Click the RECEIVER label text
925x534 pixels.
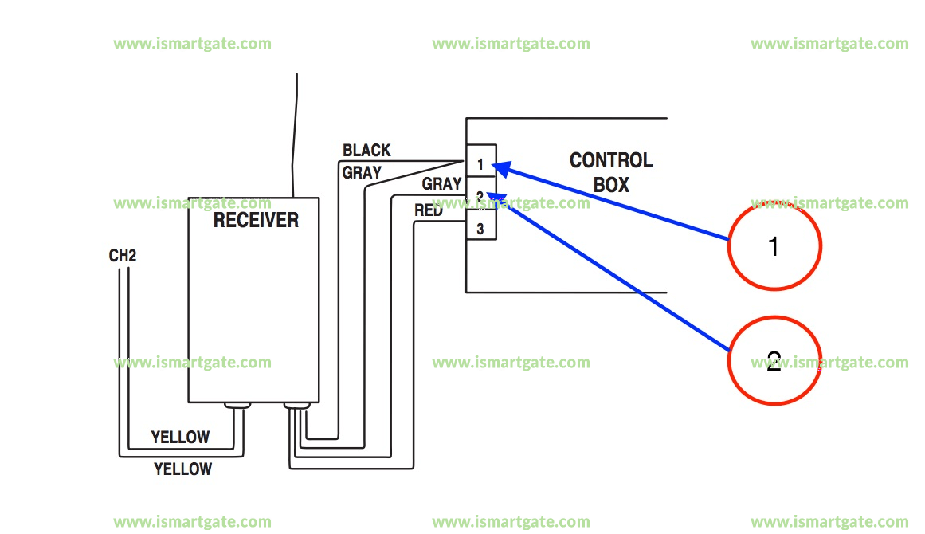[256, 221]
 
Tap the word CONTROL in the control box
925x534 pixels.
[610, 161]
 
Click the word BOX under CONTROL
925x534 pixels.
[611, 186]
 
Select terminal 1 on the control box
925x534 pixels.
[480, 164]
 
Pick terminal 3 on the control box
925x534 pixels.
[480, 229]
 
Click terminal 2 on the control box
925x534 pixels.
[480, 196]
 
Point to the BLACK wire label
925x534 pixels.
[366, 151]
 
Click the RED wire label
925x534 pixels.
[429, 211]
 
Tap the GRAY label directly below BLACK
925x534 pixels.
[362, 172]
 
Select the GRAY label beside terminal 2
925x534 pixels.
[441, 184]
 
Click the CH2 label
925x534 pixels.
[123, 257]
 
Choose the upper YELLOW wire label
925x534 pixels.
[180, 438]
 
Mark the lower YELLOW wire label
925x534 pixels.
[182, 469]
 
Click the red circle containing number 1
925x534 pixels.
[774, 246]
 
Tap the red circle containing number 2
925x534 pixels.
[774, 361]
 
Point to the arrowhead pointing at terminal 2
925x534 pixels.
[494, 196]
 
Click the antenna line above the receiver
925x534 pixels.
[296, 135]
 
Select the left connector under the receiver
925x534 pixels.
[237, 406]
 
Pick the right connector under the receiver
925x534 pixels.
[297, 407]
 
